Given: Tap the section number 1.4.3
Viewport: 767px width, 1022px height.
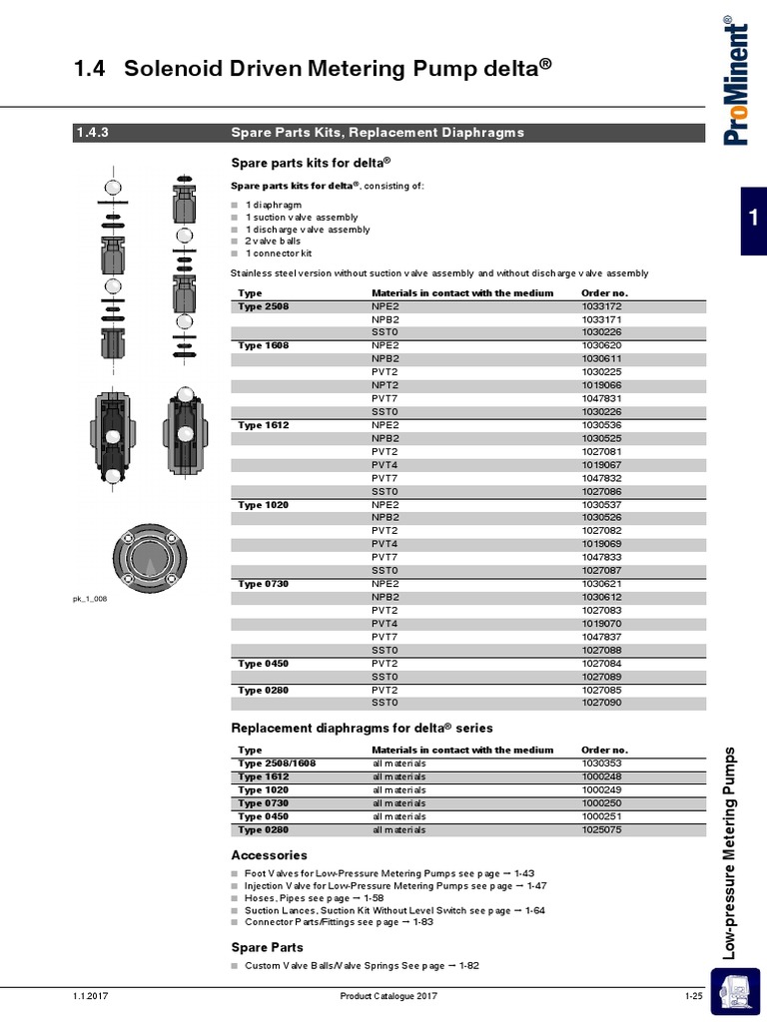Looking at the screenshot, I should [91, 133].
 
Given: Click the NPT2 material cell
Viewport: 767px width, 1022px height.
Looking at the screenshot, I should [384, 385].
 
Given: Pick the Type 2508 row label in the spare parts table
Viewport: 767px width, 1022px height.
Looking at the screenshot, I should [263, 306].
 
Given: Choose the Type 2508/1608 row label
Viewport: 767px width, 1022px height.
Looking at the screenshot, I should [277, 764].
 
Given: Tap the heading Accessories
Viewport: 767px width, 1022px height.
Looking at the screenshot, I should [269, 855].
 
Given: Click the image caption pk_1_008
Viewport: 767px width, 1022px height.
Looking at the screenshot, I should [89, 599].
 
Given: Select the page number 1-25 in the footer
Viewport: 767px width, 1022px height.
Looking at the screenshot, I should [694, 997].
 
